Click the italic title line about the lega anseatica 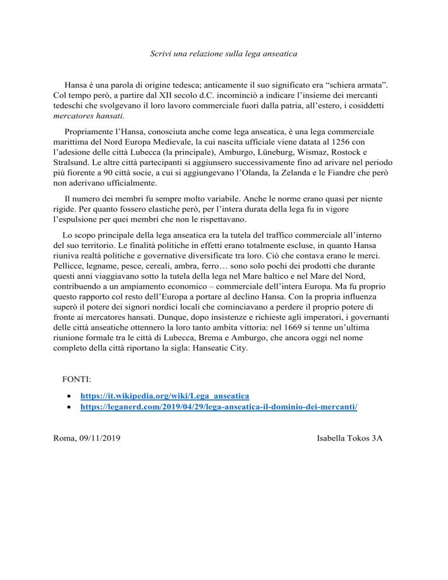coord(223,54)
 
